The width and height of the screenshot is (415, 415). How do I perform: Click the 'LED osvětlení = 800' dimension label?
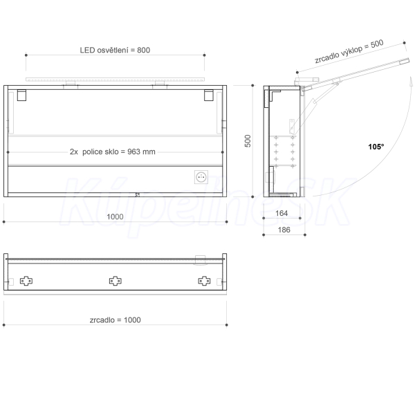(x=115, y=50)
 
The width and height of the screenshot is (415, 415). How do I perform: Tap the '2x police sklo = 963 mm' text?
(x=113, y=151)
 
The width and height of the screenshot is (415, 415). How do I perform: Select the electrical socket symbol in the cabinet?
(x=201, y=177)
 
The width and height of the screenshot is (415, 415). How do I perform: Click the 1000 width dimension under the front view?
(x=115, y=216)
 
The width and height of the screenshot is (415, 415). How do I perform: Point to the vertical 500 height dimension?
(x=248, y=141)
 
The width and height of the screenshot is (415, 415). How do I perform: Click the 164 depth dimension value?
(x=282, y=213)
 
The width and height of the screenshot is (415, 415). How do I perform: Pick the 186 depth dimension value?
(x=284, y=230)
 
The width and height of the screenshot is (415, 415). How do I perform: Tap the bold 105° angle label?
(x=376, y=147)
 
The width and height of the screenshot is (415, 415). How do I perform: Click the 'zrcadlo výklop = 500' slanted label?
(x=349, y=51)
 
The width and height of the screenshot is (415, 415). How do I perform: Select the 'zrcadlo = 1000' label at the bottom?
(x=115, y=320)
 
